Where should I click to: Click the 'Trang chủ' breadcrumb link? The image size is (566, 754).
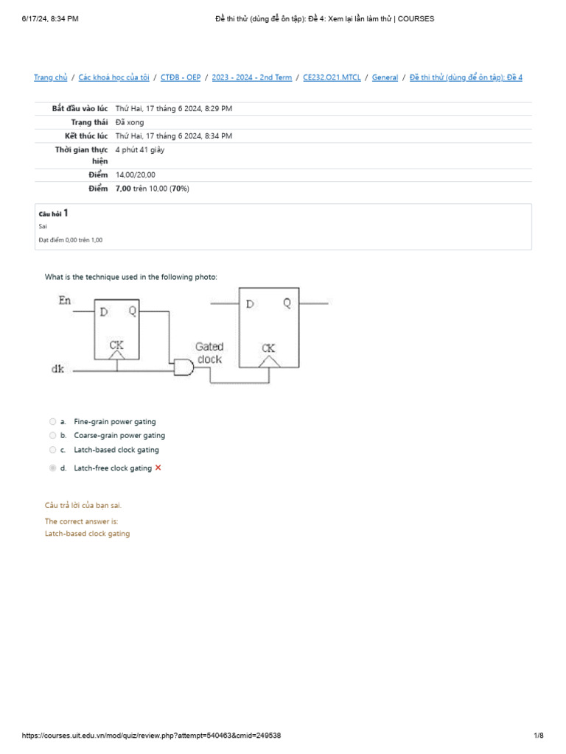point(51,77)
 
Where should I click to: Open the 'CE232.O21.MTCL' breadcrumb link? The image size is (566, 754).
point(332,77)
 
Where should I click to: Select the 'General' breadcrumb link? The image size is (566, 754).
point(385,77)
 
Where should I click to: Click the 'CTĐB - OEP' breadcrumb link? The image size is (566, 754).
point(181,77)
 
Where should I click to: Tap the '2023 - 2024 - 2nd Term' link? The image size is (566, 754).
point(252,77)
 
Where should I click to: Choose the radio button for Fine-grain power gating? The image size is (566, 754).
point(52,422)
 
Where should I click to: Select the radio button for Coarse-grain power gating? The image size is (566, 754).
point(52,436)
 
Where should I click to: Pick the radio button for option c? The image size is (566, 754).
point(52,450)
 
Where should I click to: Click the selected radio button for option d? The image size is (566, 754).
point(52,468)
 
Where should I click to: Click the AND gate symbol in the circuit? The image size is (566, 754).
point(182,366)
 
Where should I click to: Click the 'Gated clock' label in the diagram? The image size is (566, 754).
point(209,353)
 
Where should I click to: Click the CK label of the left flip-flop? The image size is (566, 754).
point(116,344)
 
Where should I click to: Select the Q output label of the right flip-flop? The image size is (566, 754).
point(286,303)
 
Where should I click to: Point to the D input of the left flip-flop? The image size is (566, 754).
point(103,311)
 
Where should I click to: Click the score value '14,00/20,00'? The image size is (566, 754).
point(136,175)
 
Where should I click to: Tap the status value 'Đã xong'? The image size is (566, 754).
point(130,122)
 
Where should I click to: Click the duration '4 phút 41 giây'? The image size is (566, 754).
point(140,149)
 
